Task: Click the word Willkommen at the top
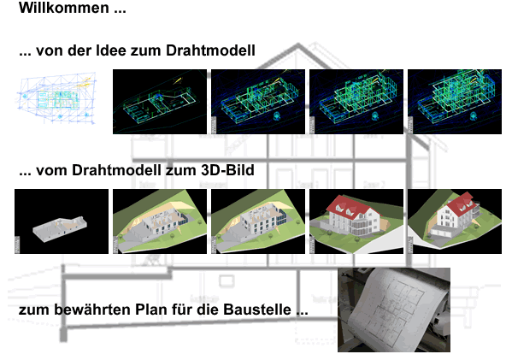click(x=64, y=8)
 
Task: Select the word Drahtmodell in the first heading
click(x=210, y=50)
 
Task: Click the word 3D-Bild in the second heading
click(x=227, y=170)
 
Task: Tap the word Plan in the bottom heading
click(x=151, y=310)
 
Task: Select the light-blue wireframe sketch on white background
click(x=56, y=98)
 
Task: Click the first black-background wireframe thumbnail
click(x=160, y=102)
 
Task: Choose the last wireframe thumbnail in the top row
click(x=455, y=102)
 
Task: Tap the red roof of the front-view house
click(x=350, y=207)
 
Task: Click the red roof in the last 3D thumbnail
click(x=461, y=204)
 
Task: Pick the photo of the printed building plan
click(x=394, y=310)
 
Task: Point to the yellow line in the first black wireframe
click(x=177, y=80)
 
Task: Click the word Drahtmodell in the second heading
click(x=116, y=170)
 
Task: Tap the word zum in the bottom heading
click(x=34, y=310)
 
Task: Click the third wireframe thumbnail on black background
click(x=356, y=102)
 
